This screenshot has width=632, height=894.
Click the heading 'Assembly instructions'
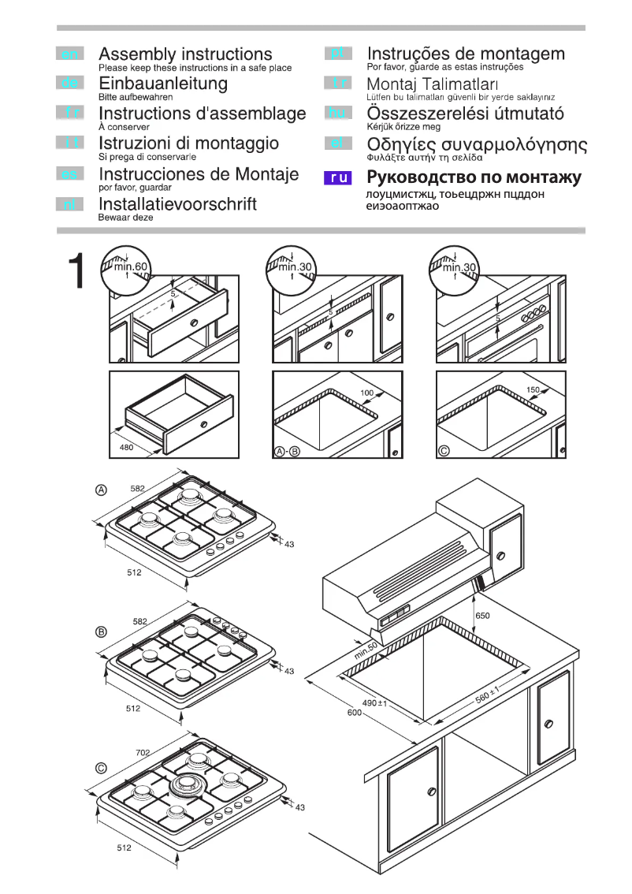click(x=185, y=54)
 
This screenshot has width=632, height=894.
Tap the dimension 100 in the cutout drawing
click(x=367, y=393)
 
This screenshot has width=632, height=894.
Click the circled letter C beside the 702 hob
click(x=101, y=768)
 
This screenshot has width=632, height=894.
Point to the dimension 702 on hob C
click(x=143, y=754)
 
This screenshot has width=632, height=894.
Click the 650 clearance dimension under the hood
click(x=482, y=615)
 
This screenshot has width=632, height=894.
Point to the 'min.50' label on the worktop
click(x=366, y=651)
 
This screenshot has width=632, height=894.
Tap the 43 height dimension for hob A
click(x=288, y=545)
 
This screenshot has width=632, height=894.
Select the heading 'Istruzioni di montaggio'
click(x=188, y=143)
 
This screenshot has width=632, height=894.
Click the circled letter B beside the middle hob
click(x=101, y=631)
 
